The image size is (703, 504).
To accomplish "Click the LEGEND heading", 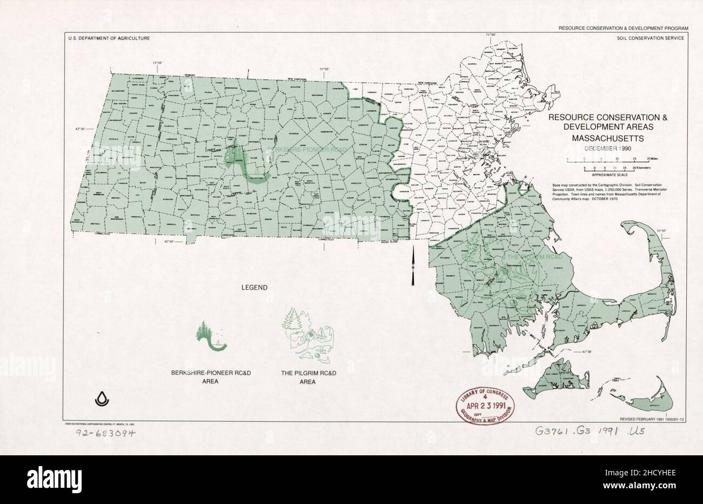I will coord(254,288).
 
